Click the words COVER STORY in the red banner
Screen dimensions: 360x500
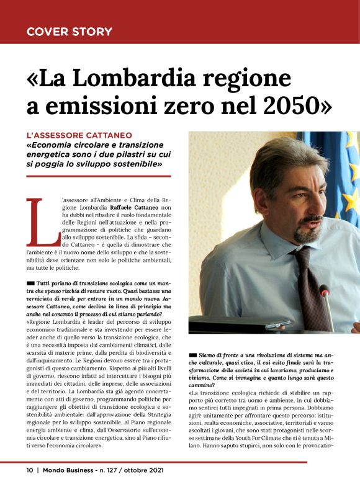click(69, 31)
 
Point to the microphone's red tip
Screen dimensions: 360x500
click(323, 290)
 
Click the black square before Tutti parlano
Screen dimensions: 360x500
click(30, 282)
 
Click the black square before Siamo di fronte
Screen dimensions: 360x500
click(194, 354)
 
